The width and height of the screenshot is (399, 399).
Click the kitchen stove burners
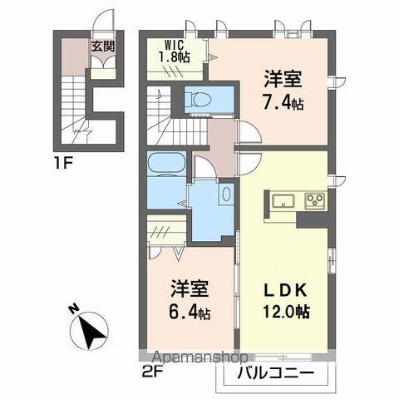tap(315, 200)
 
